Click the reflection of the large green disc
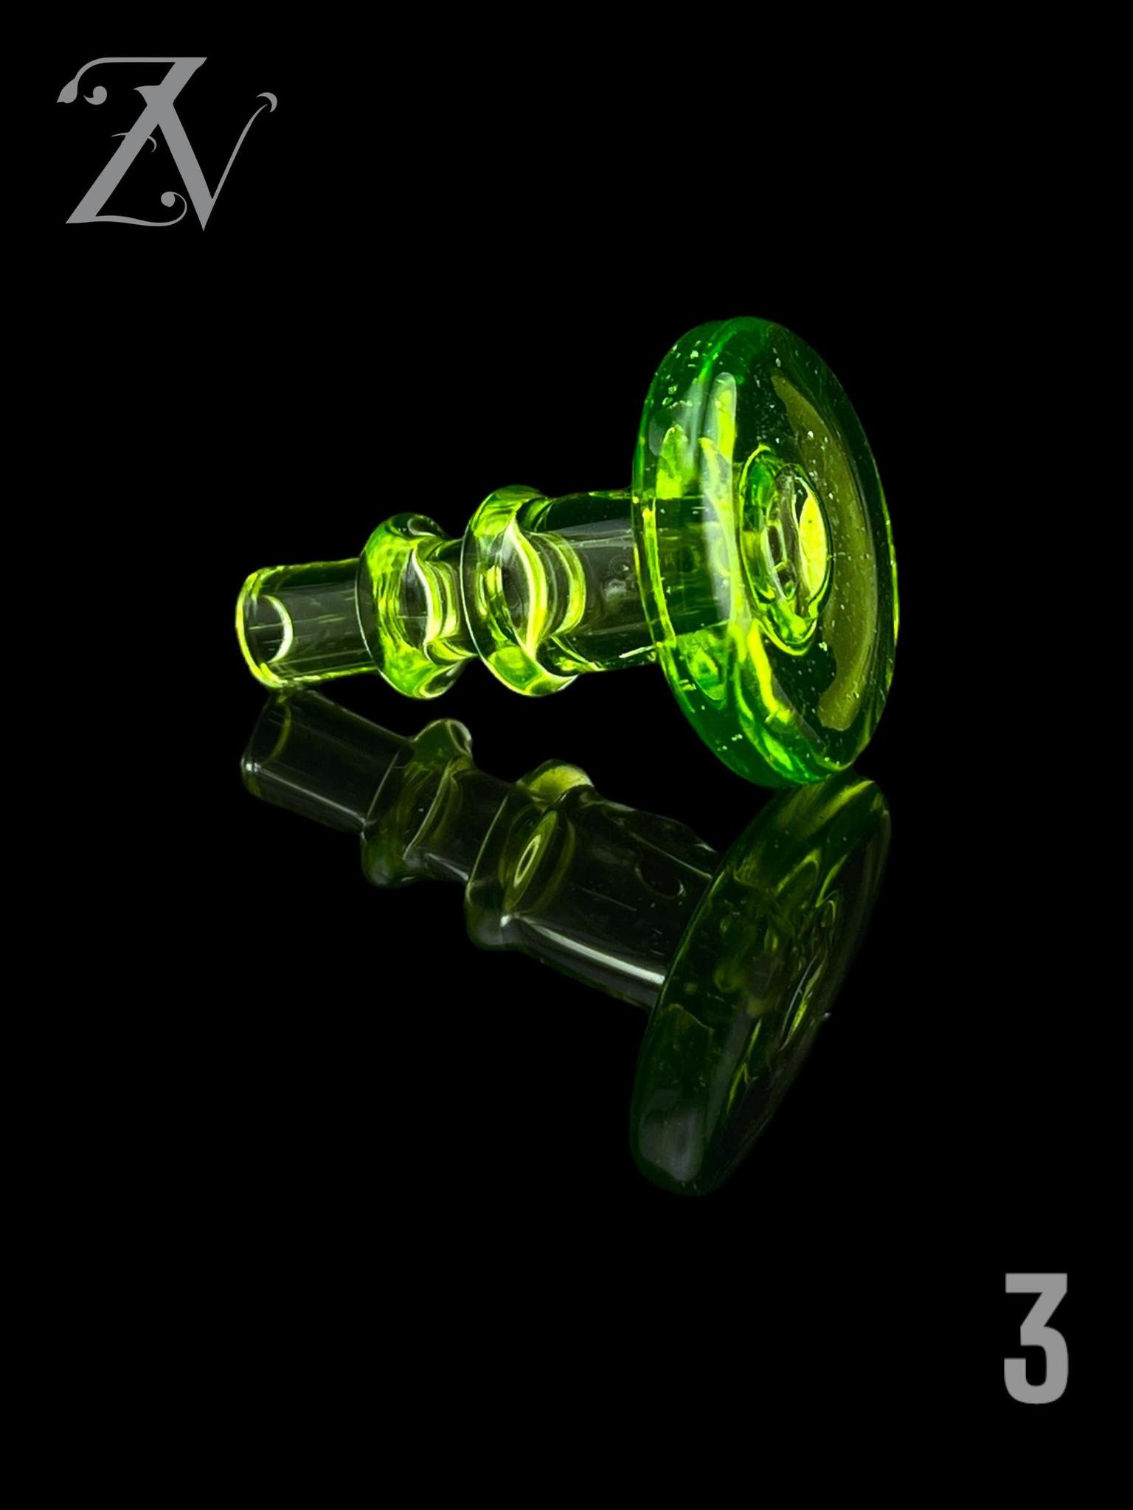click(760, 981)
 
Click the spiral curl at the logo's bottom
click(176, 202)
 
